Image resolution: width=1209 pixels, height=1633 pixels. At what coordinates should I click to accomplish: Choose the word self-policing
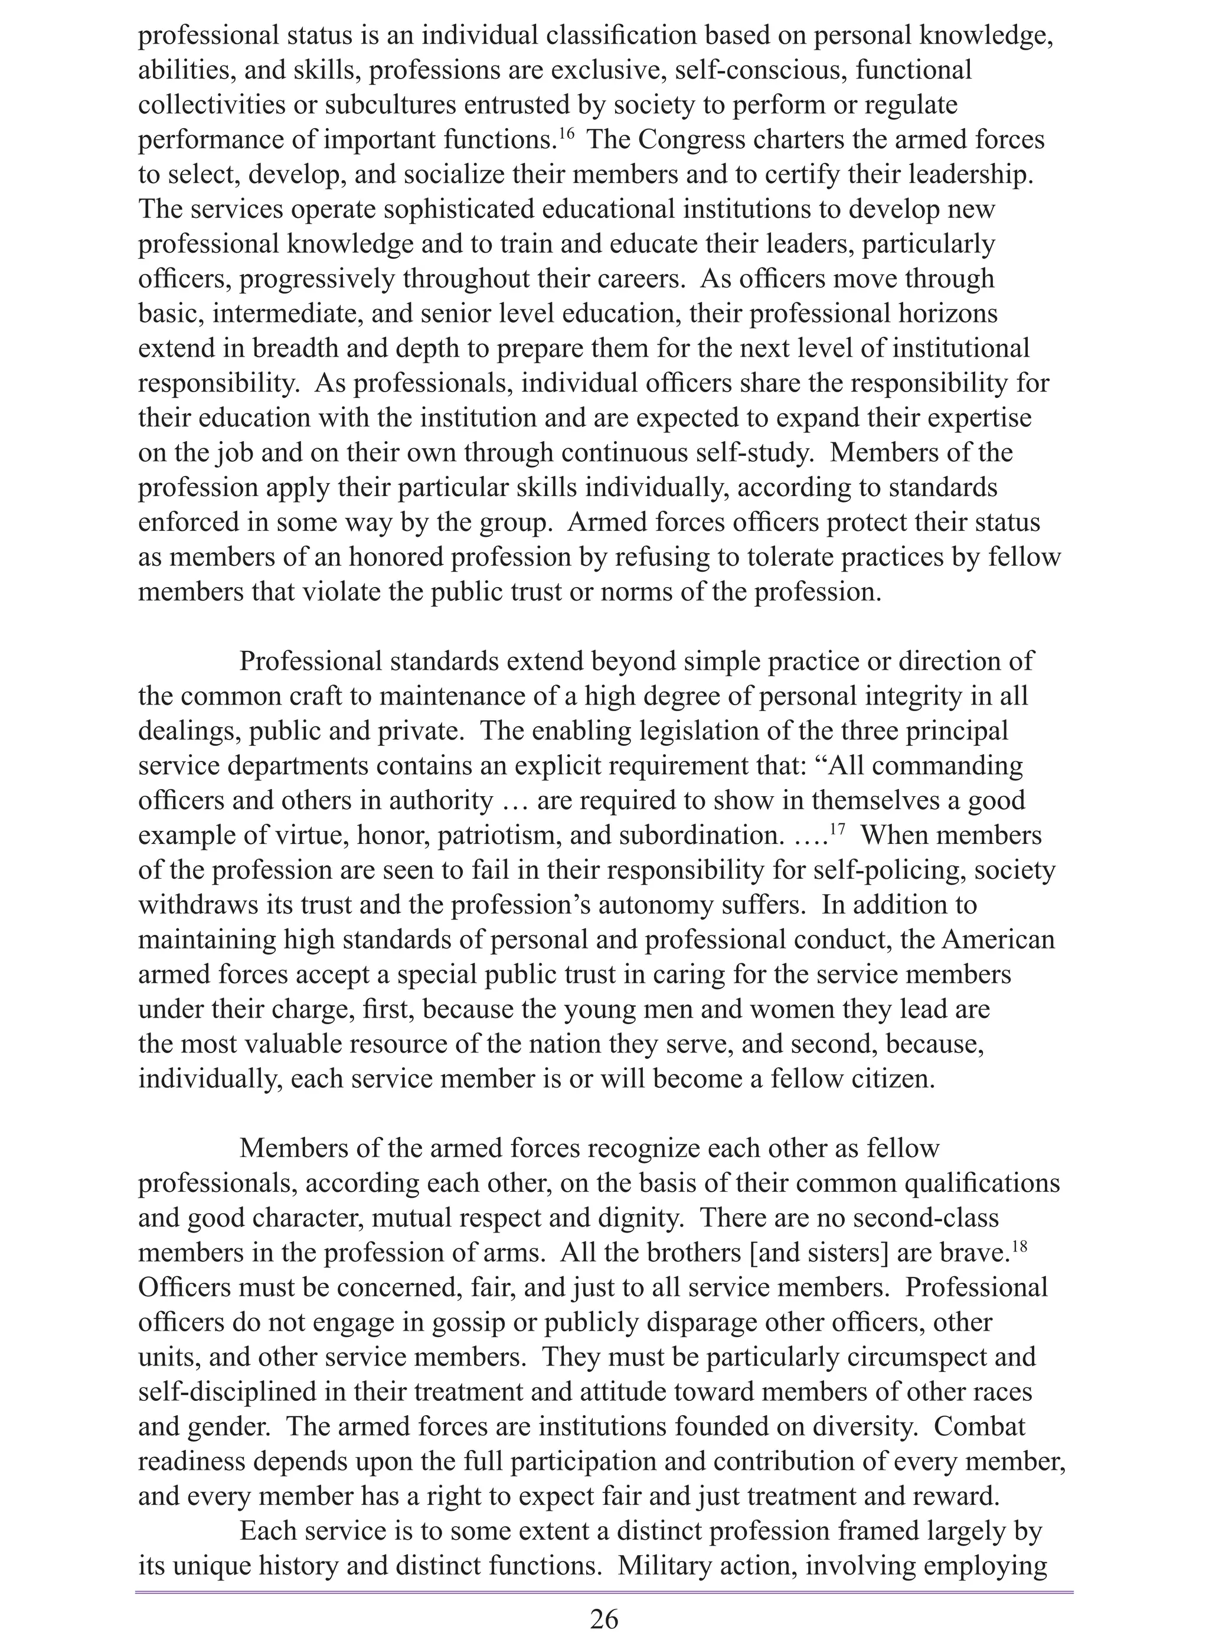[906, 871]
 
